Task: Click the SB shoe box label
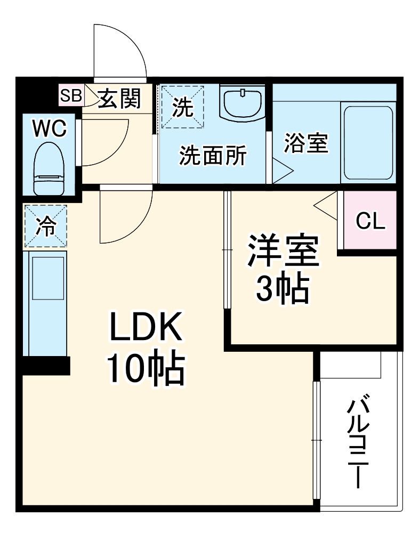click(70, 96)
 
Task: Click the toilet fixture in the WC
click(49, 168)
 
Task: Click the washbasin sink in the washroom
click(242, 103)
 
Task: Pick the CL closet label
click(370, 221)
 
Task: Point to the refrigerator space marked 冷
click(45, 227)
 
